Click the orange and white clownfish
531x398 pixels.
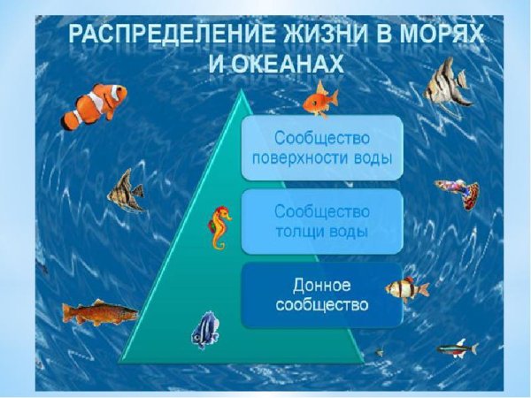tap(95, 103)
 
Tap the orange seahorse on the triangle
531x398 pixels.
tap(219, 227)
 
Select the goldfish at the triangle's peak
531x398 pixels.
tap(319, 101)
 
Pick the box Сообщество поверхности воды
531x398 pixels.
tap(322, 149)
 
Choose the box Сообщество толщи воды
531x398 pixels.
tap(322, 222)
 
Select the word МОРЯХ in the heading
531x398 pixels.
tap(446, 38)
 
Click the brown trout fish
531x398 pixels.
tap(98, 312)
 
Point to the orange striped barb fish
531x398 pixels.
tap(407, 288)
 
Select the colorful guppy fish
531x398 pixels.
tap(458, 192)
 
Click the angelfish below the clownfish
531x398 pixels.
tap(125, 190)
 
